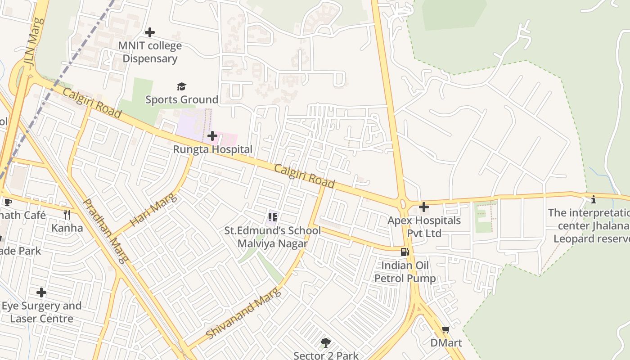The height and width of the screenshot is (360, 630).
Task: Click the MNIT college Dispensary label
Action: click(x=150, y=52)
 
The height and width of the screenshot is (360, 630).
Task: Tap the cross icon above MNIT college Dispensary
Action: click(x=150, y=32)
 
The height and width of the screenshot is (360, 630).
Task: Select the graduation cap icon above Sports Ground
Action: click(x=181, y=86)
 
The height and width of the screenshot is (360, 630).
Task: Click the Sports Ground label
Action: click(x=181, y=99)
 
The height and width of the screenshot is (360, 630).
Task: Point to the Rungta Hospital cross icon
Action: click(x=212, y=135)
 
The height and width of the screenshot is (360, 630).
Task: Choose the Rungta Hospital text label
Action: click(x=213, y=149)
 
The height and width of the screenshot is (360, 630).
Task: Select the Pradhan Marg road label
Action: click(x=106, y=230)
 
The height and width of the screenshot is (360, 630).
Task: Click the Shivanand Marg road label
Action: click(x=243, y=313)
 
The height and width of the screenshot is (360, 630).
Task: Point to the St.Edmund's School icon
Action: click(x=272, y=217)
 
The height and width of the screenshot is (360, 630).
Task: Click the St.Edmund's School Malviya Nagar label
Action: click(x=273, y=237)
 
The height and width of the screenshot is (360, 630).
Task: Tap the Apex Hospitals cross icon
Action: click(x=424, y=207)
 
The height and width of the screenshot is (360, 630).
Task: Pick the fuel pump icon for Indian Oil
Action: click(x=405, y=252)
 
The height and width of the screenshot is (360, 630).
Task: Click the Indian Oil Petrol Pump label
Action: click(x=405, y=272)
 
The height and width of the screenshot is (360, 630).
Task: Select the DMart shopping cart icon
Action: click(x=446, y=330)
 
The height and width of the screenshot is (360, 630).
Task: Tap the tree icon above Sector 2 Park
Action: click(x=326, y=343)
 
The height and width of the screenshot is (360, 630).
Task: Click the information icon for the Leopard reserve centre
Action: click(x=594, y=199)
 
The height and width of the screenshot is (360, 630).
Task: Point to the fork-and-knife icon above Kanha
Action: click(x=67, y=214)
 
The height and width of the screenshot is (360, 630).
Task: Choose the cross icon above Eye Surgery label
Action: click(x=41, y=292)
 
